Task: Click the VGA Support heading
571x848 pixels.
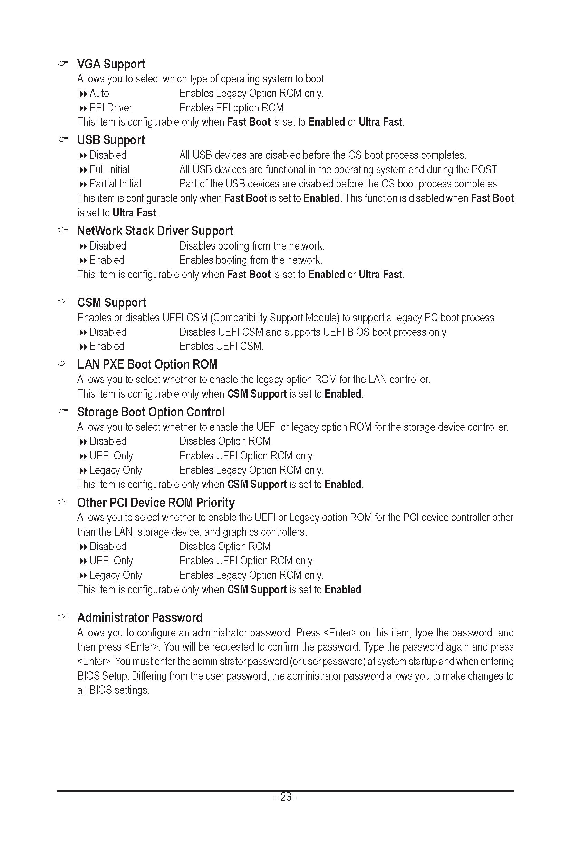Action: coord(111,64)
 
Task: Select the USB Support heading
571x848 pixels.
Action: coord(111,140)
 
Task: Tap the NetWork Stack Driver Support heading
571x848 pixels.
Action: coord(155,231)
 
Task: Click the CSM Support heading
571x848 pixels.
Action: coord(112,303)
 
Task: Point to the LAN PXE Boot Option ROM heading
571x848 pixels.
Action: coord(147,364)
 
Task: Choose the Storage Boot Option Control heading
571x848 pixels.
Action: coord(151,412)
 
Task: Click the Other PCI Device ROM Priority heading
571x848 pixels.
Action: coord(156,503)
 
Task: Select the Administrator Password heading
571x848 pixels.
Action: coord(140,618)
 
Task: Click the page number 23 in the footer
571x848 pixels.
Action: coord(286,797)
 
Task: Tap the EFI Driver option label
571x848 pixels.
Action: coord(111,108)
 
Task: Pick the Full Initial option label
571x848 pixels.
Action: coord(109,170)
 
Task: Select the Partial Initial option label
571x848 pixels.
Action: coord(115,184)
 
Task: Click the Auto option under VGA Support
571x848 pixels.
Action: coord(99,94)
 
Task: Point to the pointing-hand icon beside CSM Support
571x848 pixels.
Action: coord(63,302)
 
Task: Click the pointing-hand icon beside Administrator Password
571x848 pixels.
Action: coord(63,617)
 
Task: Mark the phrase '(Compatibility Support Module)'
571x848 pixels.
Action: coord(274,318)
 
